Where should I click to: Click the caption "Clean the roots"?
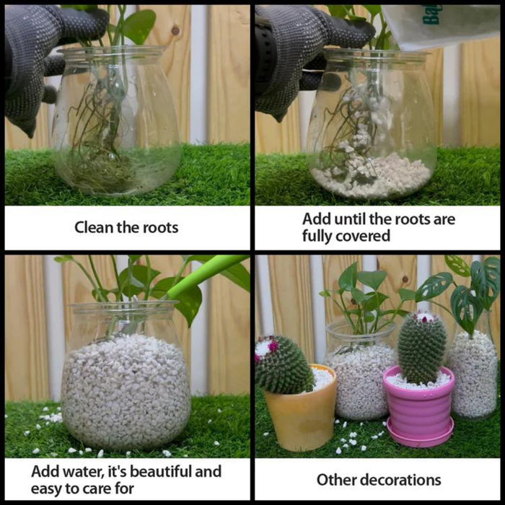tap(126, 227)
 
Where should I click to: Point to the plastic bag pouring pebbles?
tap(440, 25)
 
